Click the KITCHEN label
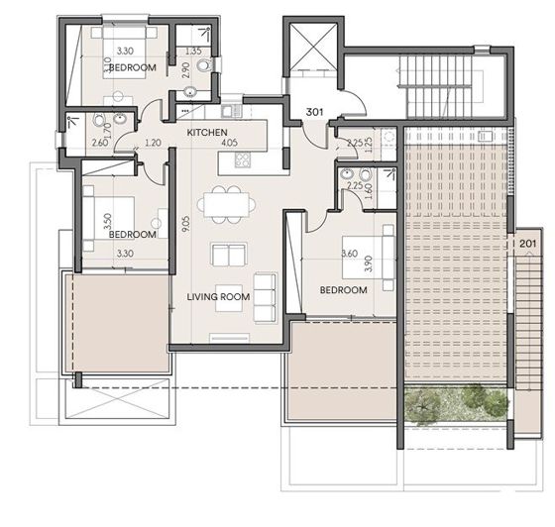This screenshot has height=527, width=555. point(208,132)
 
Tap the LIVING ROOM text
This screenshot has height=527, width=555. point(218,296)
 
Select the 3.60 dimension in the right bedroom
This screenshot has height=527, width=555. point(349,253)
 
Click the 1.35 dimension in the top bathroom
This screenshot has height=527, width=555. point(194,51)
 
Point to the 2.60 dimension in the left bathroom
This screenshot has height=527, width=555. point(99,143)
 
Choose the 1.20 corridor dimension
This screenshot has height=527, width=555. point(154,143)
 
